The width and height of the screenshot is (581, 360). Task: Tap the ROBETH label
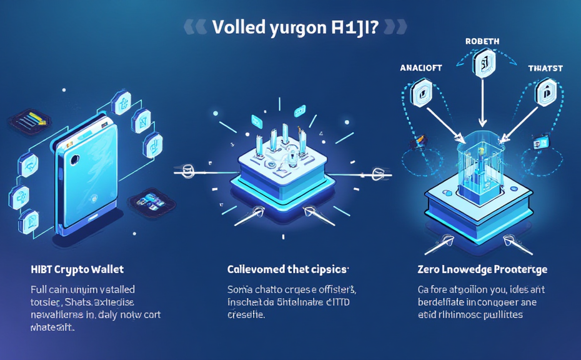(x=482, y=42)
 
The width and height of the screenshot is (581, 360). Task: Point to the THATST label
(x=545, y=68)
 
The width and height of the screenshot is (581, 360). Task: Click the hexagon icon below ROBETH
(x=482, y=64)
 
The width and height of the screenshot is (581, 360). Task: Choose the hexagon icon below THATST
(x=545, y=92)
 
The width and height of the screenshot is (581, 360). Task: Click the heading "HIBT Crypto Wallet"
(x=77, y=269)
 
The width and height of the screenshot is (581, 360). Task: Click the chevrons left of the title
(x=196, y=27)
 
